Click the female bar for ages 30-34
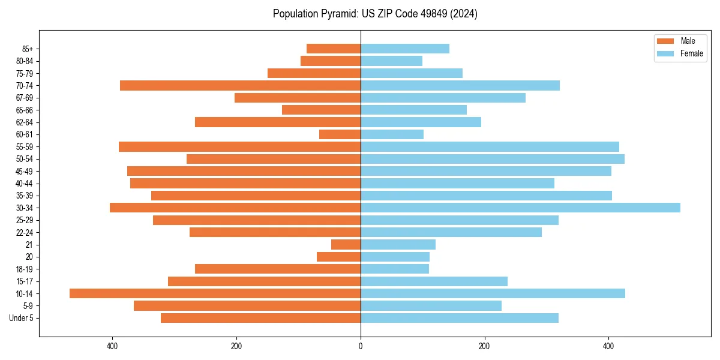(520, 208)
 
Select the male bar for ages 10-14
(215, 293)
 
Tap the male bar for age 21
(346, 244)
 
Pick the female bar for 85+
(405, 49)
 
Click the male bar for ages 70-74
(240, 85)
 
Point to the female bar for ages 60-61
(392, 134)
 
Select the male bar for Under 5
(260, 318)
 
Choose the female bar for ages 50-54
(493, 159)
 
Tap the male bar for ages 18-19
(278, 269)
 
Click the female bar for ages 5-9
(431, 305)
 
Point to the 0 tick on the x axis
(361, 346)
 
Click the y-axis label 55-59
(25, 147)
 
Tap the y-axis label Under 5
(22, 318)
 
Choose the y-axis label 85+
(28, 49)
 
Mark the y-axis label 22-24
(25, 232)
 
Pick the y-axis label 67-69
(25, 98)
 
